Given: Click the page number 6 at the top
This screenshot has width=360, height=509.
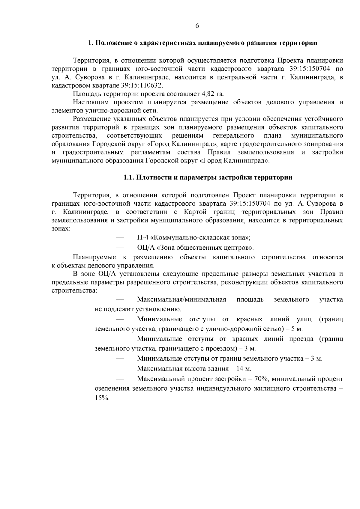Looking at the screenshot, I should tap(197, 26).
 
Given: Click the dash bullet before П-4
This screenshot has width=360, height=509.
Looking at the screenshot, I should tap(120, 238).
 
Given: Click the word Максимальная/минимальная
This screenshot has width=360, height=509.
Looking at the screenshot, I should tap(181, 299).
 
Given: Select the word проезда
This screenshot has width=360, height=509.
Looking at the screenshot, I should tap(301, 339).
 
